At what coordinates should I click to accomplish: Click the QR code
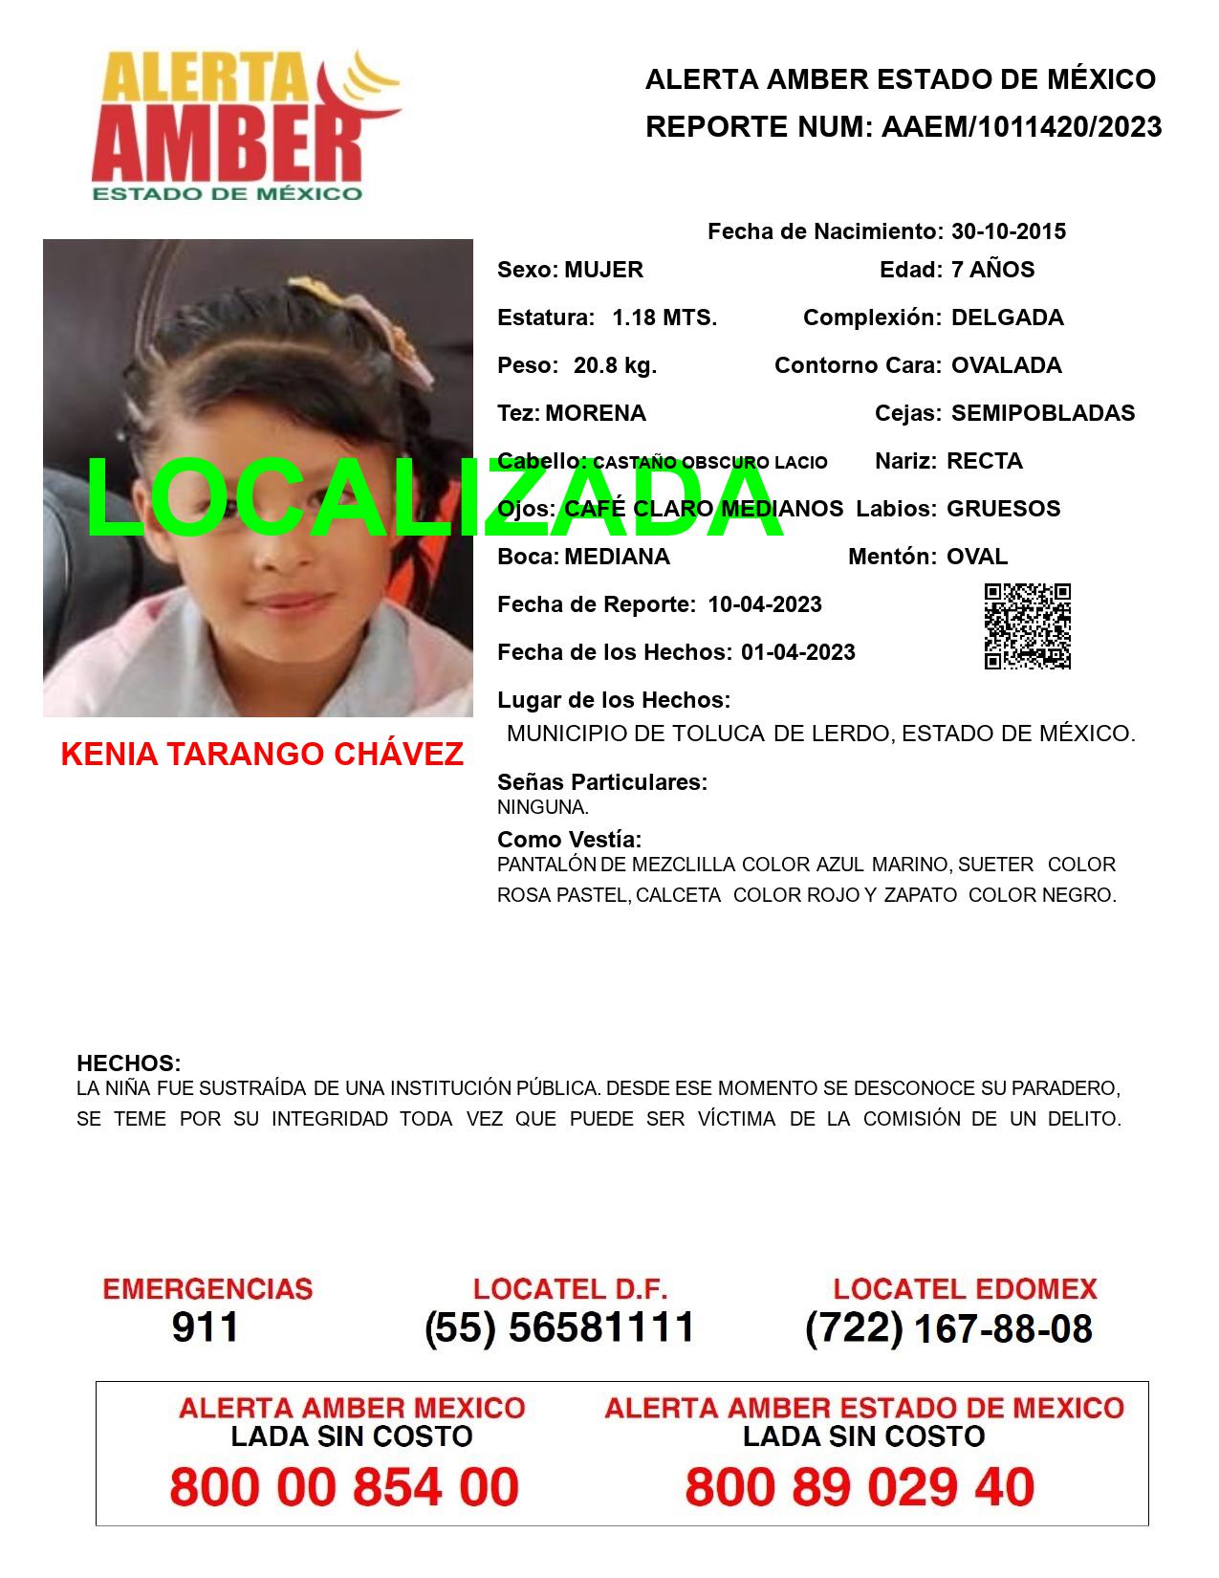pyautogui.click(x=1027, y=626)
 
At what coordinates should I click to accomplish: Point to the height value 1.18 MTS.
pyautogui.click(x=664, y=318)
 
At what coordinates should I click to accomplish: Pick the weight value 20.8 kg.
pyautogui.click(x=615, y=365)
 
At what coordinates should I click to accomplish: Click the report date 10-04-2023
pyautogui.click(x=764, y=604)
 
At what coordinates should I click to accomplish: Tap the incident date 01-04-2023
pyautogui.click(x=797, y=652)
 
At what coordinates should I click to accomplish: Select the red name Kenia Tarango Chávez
pyautogui.click(x=262, y=754)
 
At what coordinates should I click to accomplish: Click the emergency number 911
pyautogui.click(x=206, y=1327)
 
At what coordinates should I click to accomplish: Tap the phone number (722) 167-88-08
pyautogui.click(x=948, y=1327)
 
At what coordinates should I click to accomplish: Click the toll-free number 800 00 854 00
pyautogui.click(x=344, y=1487)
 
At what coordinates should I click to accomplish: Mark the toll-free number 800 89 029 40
pyautogui.click(x=860, y=1487)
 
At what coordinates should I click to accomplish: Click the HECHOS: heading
pyautogui.click(x=128, y=1063)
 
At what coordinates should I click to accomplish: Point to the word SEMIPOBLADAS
pyautogui.click(x=1042, y=413)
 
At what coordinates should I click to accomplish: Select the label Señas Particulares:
pyautogui.click(x=602, y=782)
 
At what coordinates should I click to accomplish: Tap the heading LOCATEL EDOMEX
pyautogui.click(x=965, y=1289)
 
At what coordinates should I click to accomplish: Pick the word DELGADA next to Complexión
pyautogui.click(x=1007, y=318)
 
